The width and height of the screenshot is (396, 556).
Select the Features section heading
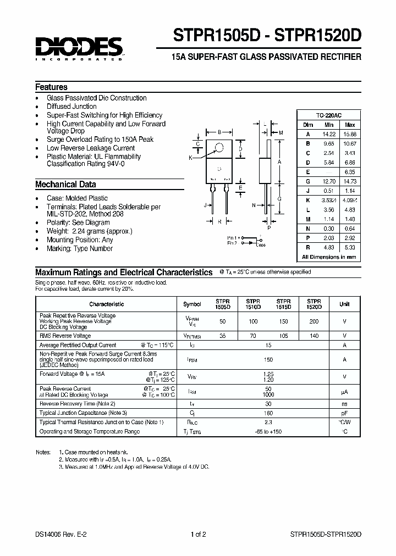51,87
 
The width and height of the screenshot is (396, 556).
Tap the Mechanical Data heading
65,185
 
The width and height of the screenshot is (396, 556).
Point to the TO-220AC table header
328,115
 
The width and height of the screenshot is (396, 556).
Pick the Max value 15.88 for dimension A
349,134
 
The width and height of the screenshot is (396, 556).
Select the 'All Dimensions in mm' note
328,257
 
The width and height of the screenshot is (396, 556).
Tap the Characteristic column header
107,304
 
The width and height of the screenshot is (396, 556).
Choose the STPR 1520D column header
313,304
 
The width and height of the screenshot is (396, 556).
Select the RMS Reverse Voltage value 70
252,335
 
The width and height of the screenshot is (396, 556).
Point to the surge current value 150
268,359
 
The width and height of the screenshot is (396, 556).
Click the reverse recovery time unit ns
344,403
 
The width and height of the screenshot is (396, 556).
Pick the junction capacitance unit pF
344,412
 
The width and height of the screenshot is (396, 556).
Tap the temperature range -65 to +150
268,431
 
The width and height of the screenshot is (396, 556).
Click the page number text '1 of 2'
198,534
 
